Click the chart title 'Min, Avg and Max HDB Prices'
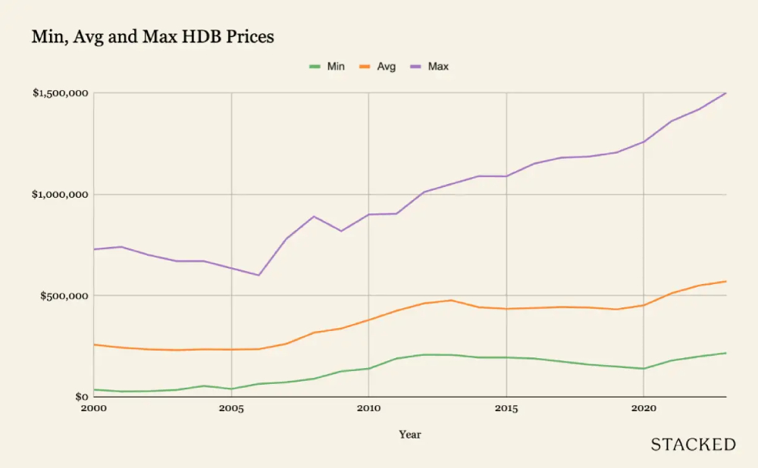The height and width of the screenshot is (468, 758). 152,36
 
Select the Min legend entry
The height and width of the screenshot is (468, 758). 327,67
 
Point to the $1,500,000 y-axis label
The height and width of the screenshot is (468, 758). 61,93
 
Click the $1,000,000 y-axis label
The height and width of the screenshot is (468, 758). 61,195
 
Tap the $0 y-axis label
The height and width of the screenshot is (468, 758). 81,397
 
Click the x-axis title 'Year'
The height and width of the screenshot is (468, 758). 410,435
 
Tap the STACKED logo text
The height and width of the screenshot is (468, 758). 693,445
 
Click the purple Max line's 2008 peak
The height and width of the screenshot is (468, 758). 314,217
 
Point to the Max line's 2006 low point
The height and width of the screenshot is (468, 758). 258,275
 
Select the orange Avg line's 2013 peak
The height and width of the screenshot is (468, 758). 451,300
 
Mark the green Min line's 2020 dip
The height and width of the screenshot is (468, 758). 644,369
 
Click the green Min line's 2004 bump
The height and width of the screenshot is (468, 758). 204,385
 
